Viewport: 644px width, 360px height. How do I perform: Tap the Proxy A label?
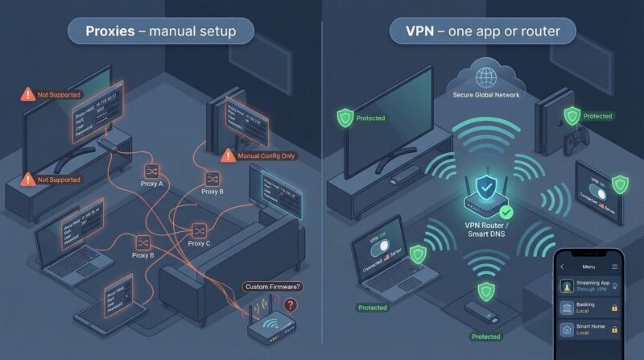150,184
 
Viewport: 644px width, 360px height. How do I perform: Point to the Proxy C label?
199,242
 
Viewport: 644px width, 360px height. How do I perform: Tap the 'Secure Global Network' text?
485,95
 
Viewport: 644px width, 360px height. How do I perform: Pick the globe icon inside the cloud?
485,78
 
